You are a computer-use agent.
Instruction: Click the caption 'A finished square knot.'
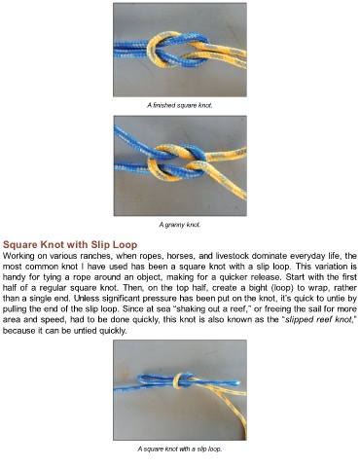click(180, 105)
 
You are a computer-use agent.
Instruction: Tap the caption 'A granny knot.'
click(180, 225)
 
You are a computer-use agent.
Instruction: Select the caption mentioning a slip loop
click(180, 449)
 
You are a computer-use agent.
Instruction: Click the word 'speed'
click(57, 320)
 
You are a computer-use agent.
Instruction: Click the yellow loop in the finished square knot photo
click(160, 50)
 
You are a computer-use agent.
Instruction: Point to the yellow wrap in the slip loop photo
click(178, 380)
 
